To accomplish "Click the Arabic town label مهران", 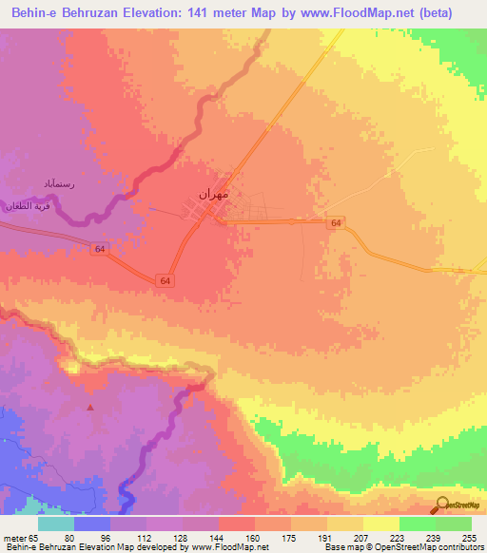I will point(214,194).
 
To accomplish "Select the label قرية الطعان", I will point(26,204).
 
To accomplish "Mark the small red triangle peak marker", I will point(91,407).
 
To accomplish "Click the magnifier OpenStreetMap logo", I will point(441,504).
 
